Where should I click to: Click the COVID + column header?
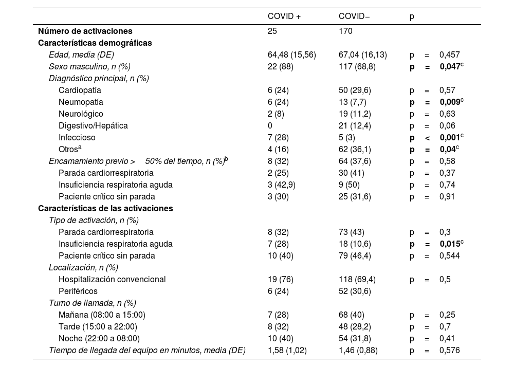tap(284, 16)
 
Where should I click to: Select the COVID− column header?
tap(354, 16)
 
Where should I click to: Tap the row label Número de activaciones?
tap(85, 31)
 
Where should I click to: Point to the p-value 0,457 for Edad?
tap(449, 55)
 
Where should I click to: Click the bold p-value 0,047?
tap(450, 67)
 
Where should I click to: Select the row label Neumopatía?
tap(81, 102)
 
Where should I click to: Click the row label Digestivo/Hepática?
tap(93, 126)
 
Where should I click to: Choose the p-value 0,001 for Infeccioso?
tap(450, 138)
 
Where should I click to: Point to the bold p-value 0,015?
tap(450, 244)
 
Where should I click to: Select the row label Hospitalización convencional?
tap(112, 280)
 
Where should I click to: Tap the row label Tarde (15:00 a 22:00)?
tap(98, 327)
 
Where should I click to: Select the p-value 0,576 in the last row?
tap(449, 351)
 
